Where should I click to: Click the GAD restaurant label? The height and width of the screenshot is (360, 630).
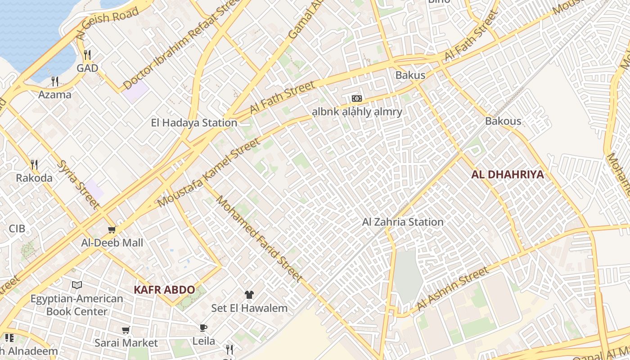[x=87, y=68]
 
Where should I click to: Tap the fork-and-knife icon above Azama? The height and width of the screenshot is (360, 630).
[x=55, y=81]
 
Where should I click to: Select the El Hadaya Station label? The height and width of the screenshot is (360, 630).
[x=194, y=123]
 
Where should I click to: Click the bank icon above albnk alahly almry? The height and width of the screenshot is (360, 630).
[x=356, y=99]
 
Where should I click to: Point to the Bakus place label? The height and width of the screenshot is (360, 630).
[x=410, y=75]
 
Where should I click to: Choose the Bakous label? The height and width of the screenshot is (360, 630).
[x=503, y=121]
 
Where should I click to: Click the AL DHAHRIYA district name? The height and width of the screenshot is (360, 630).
[x=508, y=175]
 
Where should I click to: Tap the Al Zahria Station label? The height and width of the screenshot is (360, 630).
[x=403, y=222]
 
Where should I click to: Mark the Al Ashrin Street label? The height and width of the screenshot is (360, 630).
[x=453, y=289]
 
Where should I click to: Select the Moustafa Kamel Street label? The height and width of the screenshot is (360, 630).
[x=209, y=173]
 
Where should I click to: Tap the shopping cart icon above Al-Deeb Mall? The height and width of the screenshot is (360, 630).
[x=112, y=230]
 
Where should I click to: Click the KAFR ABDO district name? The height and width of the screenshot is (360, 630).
[x=164, y=290]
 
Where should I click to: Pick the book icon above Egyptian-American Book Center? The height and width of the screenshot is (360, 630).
[x=77, y=285]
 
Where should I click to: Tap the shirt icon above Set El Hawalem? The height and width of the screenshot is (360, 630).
[x=249, y=295]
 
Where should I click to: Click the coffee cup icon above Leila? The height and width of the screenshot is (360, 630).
[x=203, y=328]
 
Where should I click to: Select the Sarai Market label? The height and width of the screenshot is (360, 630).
[x=126, y=343]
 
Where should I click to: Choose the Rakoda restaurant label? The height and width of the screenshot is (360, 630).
[x=34, y=178]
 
